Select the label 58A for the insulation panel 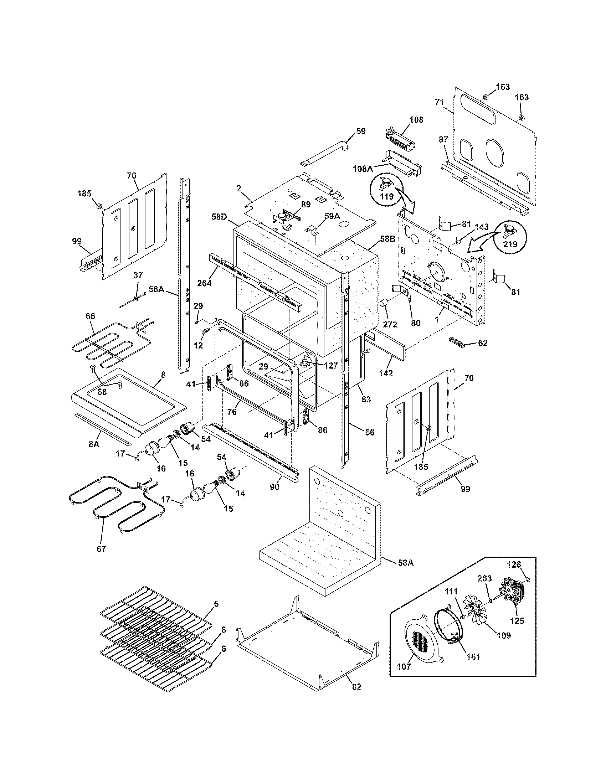[406, 563]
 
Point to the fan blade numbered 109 [477, 612]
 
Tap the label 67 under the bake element [101, 549]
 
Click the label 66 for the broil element [90, 316]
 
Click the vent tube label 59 [361, 131]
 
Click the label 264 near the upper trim [204, 283]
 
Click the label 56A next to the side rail [156, 289]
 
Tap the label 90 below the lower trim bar [274, 488]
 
